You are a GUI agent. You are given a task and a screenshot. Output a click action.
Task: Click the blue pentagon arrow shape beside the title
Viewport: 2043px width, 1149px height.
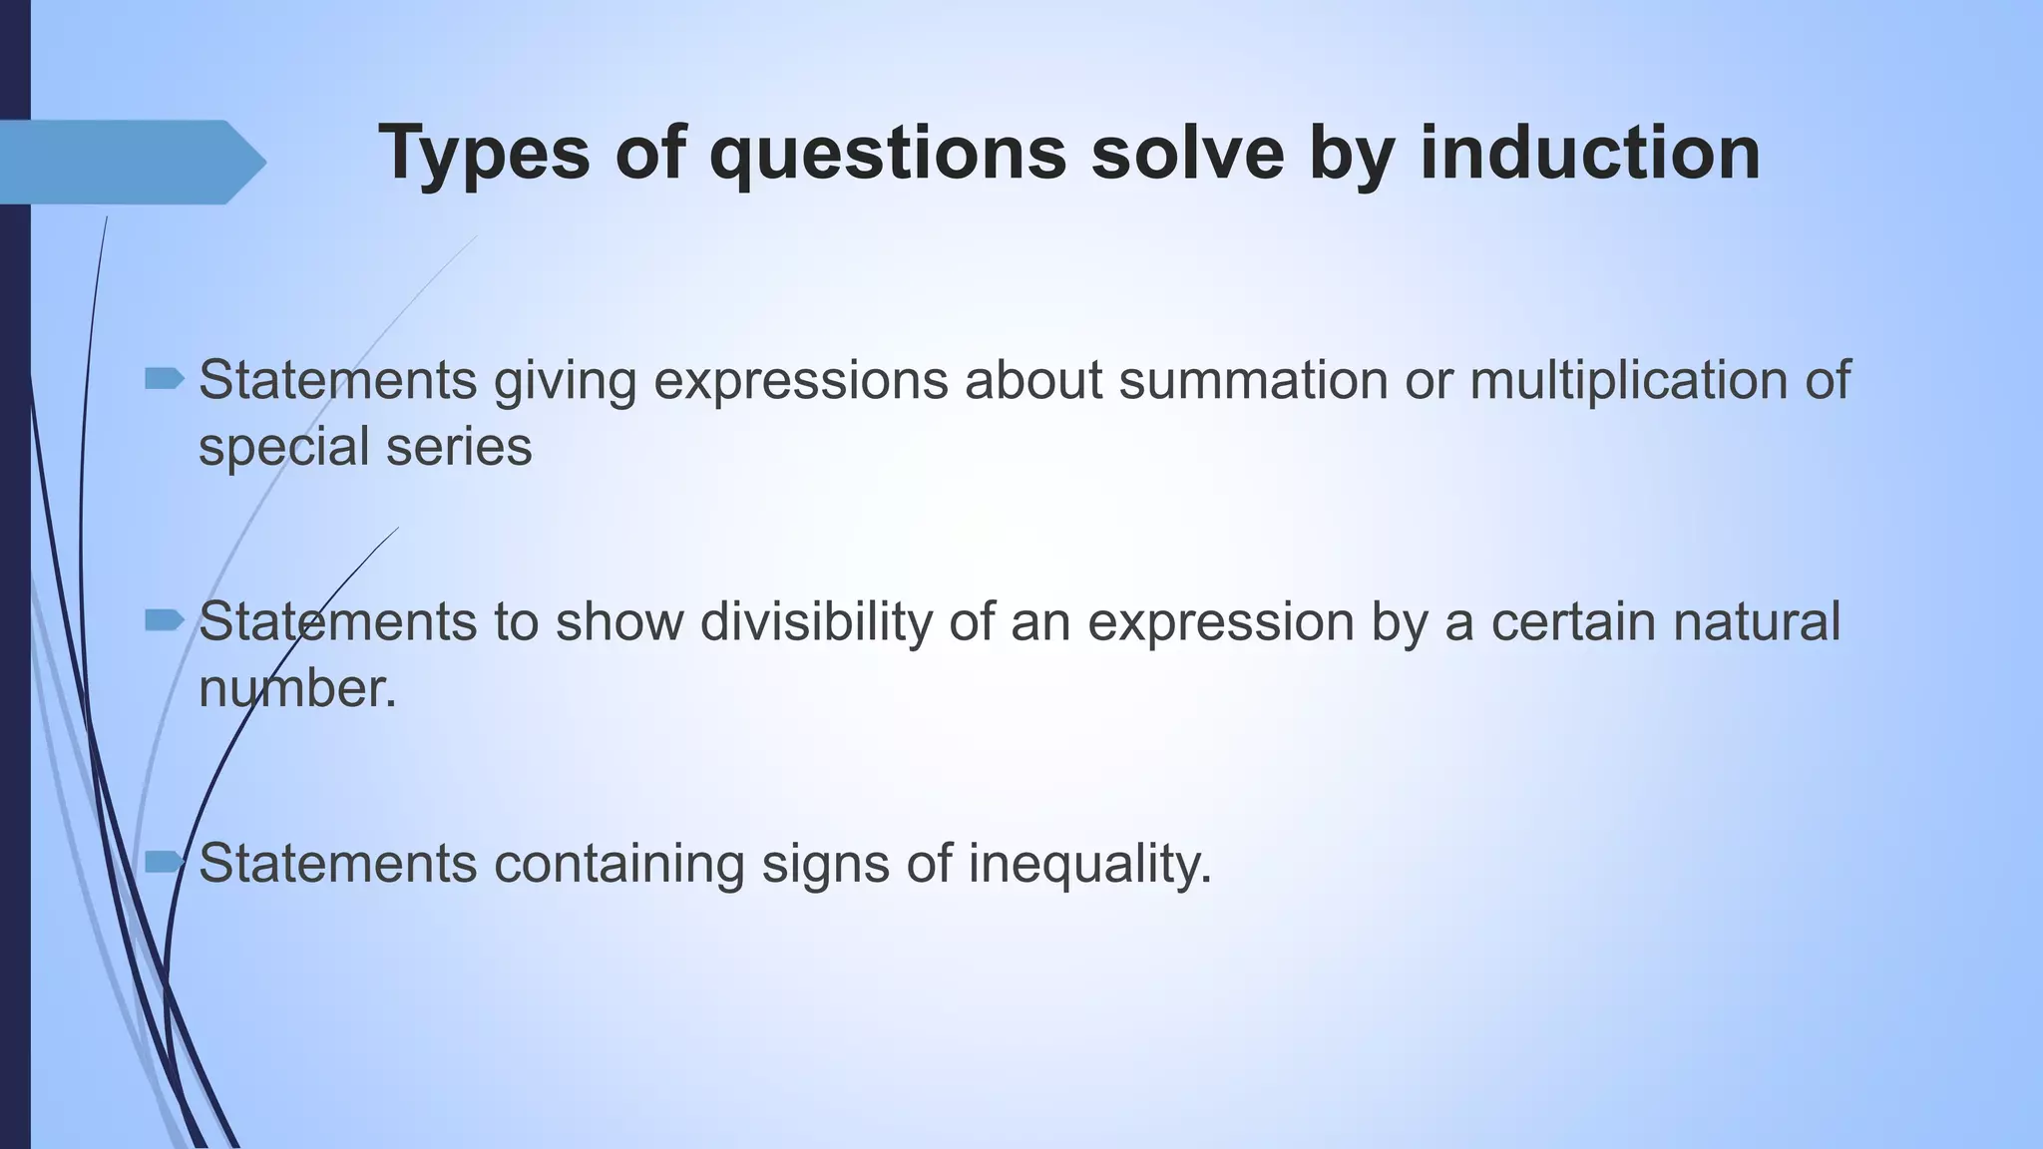(130, 163)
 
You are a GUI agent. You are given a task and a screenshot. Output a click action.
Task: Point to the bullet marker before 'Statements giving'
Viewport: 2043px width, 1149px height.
(165, 378)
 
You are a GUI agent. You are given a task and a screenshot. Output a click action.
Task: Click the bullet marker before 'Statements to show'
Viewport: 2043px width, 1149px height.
(165, 621)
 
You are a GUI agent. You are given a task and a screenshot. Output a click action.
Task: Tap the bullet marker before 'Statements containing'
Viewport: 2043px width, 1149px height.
(165, 861)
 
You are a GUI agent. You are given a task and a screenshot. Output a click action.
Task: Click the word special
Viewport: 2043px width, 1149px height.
(284, 448)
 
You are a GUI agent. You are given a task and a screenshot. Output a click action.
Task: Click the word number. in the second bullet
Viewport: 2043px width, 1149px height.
(297, 688)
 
